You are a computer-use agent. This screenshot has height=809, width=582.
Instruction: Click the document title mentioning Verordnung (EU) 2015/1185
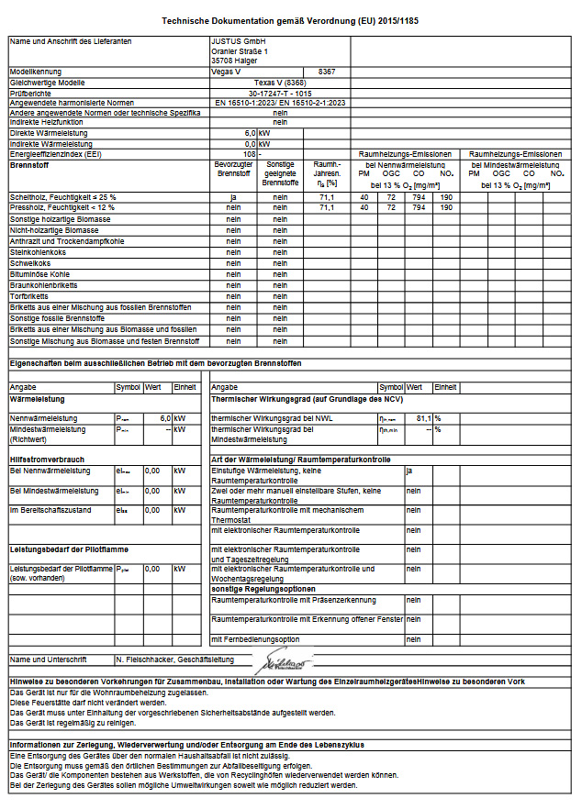tap(290, 20)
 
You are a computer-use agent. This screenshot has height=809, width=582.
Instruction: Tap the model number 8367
tap(327, 71)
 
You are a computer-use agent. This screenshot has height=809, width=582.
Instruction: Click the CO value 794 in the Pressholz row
tap(419, 208)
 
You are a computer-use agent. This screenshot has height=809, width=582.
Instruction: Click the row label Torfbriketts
tap(29, 295)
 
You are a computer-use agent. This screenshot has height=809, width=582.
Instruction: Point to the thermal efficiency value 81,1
tap(423, 418)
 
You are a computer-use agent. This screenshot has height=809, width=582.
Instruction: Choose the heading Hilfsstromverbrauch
tap(47, 459)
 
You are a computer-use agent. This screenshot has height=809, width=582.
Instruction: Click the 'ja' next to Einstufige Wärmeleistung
tap(410, 471)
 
